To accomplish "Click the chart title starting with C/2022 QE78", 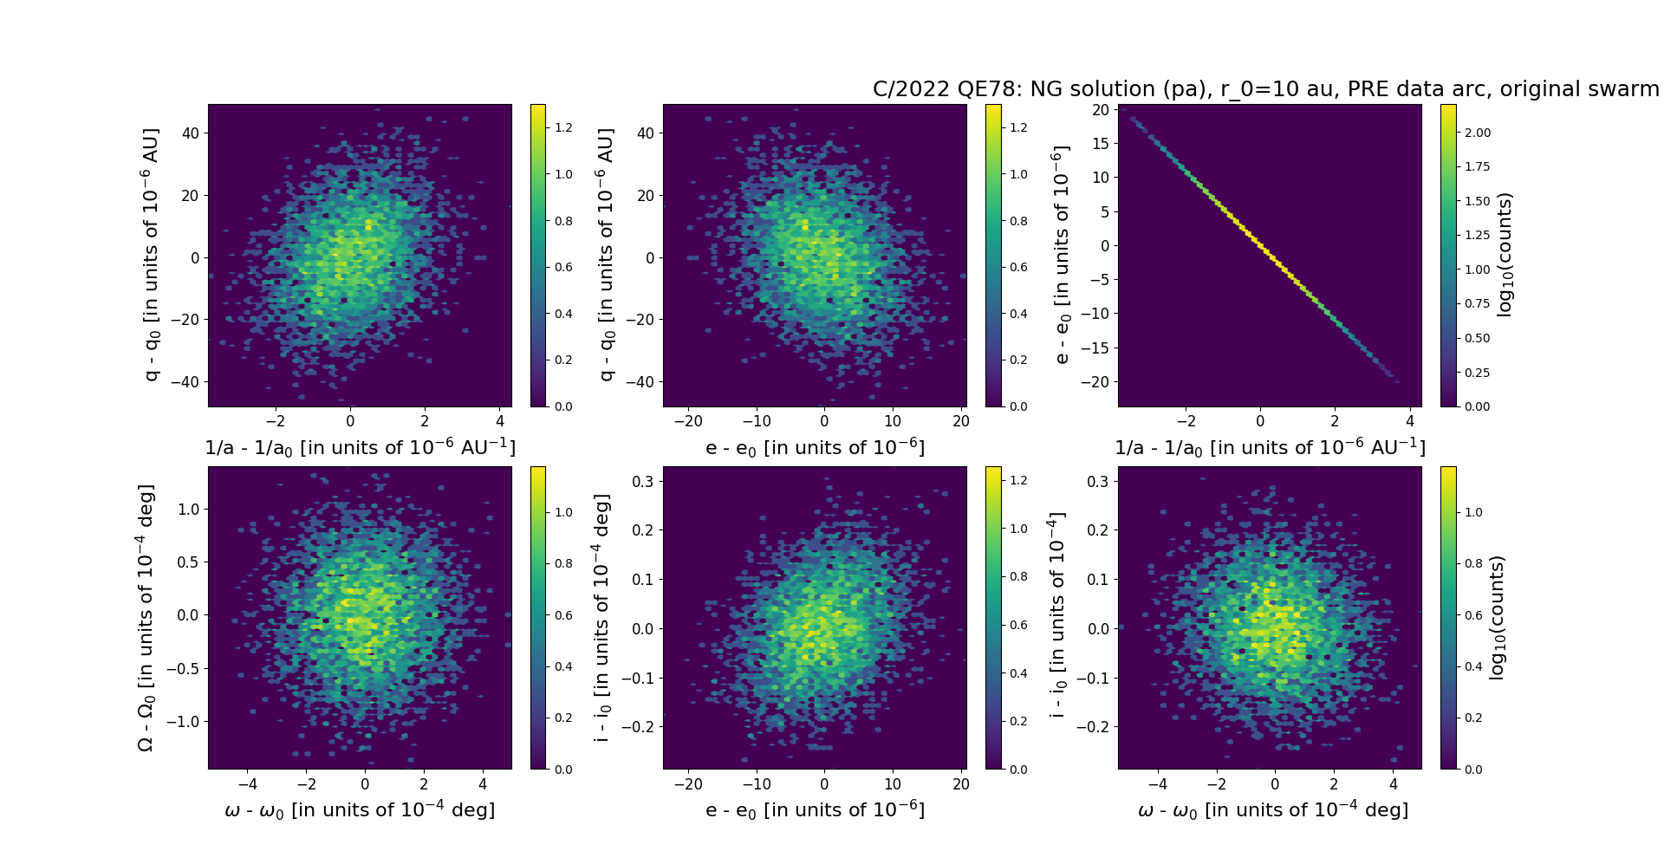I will pyautogui.click(x=1265, y=89).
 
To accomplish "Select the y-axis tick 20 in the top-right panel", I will pyautogui.click(x=1101, y=109).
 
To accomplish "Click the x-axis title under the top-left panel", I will pyautogui.click(x=360, y=447).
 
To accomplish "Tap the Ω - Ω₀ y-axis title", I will pyautogui.click(x=146, y=618).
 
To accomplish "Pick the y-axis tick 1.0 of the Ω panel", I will pyautogui.click(x=188, y=509).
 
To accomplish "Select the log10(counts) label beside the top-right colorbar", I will pyautogui.click(x=1505, y=255).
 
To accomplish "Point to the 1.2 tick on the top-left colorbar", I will pyautogui.click(x=563, y=127).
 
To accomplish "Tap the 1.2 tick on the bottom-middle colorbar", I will pyautogui.click(x=1018, y=480).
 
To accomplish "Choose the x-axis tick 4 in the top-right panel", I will pyautogui.click(x=1410, y=421).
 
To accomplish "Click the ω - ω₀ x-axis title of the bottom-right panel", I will pyautogui.click(x=1272, y=809).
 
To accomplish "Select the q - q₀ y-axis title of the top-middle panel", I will pyautogui.click(x=606, y=255).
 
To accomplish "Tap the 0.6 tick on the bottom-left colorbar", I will pyautogui.click(x=563, y=615).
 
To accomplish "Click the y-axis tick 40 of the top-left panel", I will pyautogui.click(x=190, y=133).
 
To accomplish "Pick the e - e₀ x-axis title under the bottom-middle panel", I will pyautogui.click(x=815, y=809).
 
